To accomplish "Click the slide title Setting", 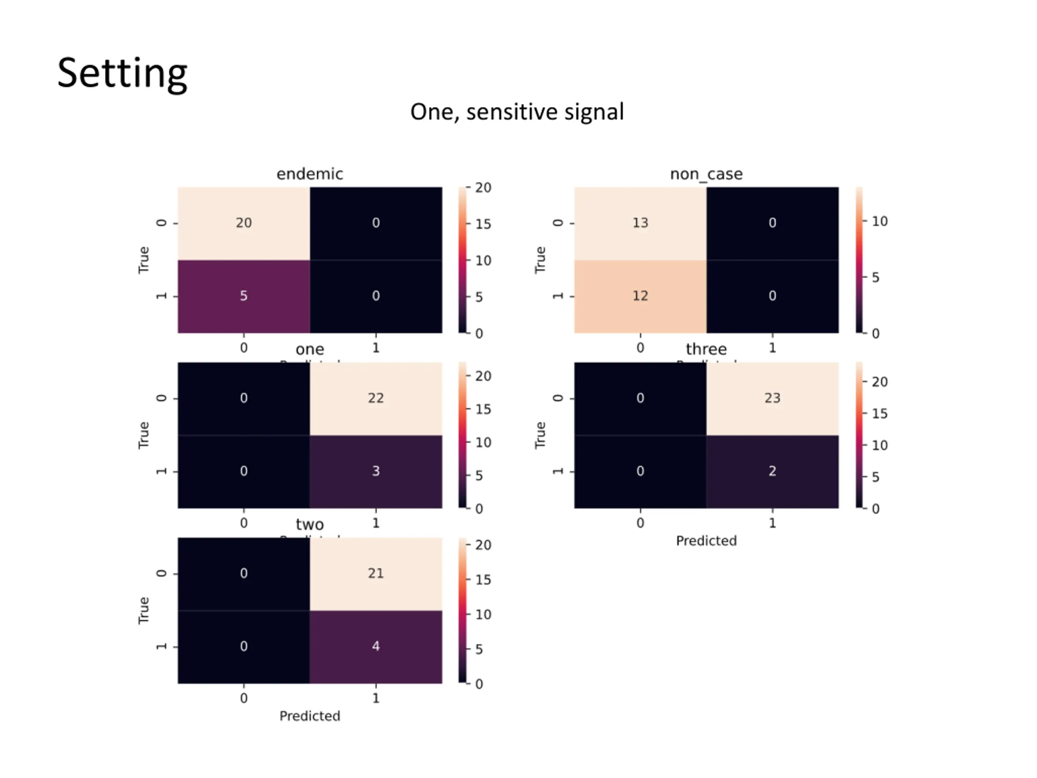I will (x=122, y=73).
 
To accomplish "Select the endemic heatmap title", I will (x=309, y=174).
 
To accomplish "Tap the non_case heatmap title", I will (x=706, y=174).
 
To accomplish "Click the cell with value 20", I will (x=244, y=223).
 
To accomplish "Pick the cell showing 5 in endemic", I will (x=244, y=296).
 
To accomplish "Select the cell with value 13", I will (x=640, y=223).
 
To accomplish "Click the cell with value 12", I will (x=640, y=296).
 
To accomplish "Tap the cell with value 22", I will (x=376, y=398).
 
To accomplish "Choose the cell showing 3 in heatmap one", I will (x=376, y=471).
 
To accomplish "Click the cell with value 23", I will (x=772, y=398).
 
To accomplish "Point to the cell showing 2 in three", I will (x=772, y=471).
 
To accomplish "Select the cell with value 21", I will (x=376, y=573).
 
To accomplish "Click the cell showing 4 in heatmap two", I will (x=376, y=646).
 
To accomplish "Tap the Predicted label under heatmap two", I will (x=309, y=716).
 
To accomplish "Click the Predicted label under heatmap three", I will (x=706, y=541).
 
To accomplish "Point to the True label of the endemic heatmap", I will (x=143, y=260).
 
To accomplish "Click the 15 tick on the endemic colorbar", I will (x=483, y=224).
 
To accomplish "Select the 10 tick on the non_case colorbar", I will (x=879, y=221).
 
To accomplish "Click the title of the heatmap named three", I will (x=706, y=349).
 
